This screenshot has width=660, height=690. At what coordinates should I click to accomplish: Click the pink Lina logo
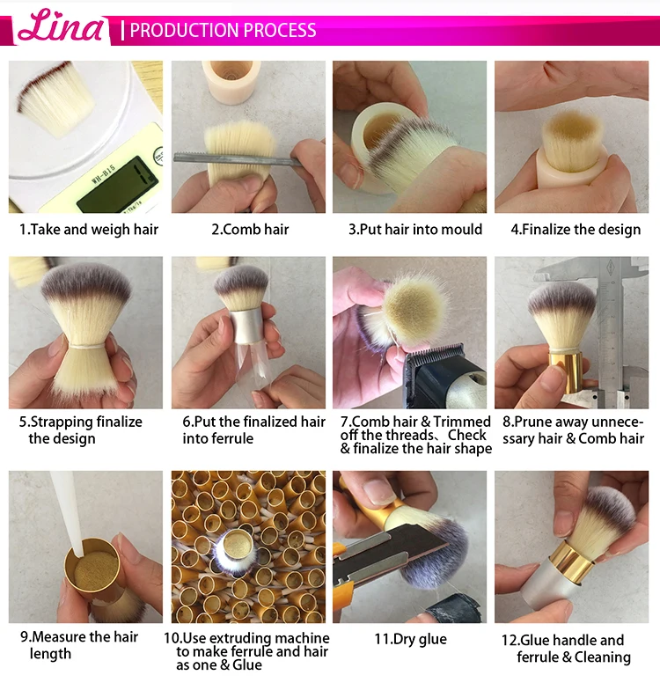(60, 26)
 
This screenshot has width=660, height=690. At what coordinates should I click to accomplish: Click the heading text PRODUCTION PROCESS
(224, 30)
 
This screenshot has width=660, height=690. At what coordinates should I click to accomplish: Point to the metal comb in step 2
(238, 158)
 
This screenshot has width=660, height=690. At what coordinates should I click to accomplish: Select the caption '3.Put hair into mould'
(415, 229)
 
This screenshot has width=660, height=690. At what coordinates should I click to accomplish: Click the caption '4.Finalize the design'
(576, 229)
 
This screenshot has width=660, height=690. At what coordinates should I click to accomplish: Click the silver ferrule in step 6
(247, 326)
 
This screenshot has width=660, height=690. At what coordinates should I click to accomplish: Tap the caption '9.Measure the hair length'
(79, 645)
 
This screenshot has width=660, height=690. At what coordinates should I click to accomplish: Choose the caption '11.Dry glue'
(410, 639)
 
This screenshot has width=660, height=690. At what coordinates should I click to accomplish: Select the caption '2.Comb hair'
(250, 229)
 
